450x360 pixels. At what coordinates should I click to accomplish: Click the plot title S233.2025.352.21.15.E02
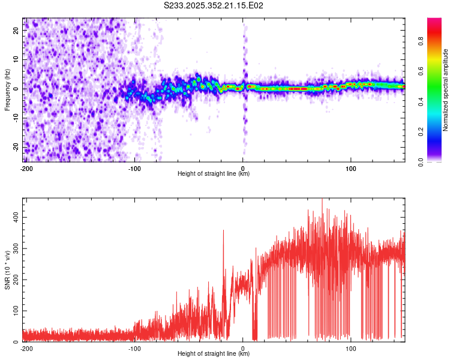tap(214, 5)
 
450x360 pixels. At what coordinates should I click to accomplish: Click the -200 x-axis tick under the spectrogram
tap(26, 168)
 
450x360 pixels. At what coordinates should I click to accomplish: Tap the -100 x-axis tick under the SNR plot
tap(134, 348)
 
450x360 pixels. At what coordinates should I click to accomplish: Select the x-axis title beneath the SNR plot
tap(214, 354)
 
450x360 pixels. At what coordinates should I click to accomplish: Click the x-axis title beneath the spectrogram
tap(214, 174)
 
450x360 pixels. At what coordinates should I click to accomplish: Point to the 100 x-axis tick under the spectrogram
tap(350, 168)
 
